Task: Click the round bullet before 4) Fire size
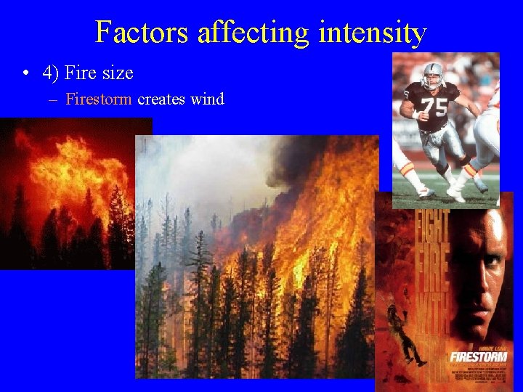click(x=25, y=73)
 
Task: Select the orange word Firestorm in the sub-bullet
click(x=98, y=99)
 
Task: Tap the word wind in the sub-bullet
click(x=208, y=99)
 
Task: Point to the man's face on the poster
click(x=483, y=276)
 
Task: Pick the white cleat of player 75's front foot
click(x=456, y=195)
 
